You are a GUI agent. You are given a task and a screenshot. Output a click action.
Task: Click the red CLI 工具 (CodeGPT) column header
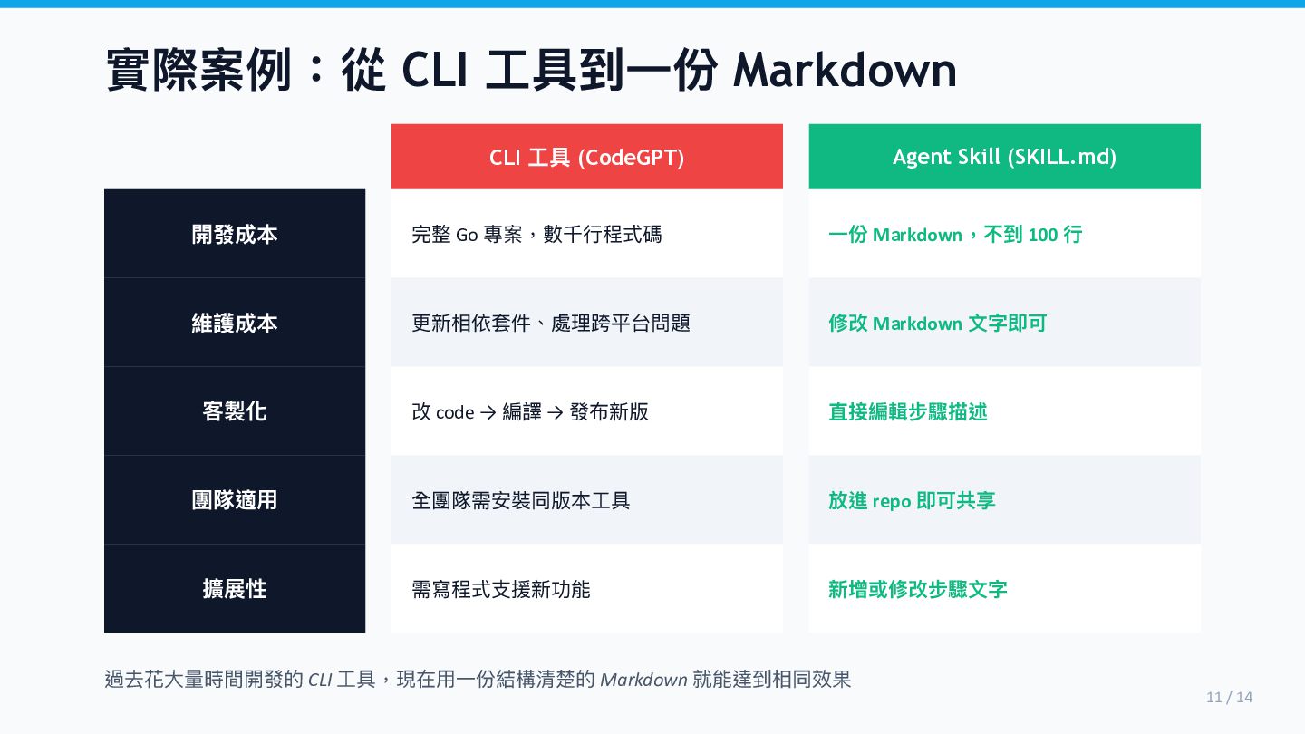[586, 157]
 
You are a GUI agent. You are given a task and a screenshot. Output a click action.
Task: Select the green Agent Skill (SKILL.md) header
[1004, 157]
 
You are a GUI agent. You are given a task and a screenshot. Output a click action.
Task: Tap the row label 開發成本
[235, 235]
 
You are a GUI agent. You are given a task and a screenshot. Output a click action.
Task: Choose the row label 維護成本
[235, 324]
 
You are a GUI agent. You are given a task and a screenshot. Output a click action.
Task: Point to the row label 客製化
[235, 411]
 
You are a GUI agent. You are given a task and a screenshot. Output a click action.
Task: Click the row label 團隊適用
[235, 500]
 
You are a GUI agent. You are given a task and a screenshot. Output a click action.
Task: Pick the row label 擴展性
[235, 589]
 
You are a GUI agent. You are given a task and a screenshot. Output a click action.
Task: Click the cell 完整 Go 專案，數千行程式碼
[536, 235]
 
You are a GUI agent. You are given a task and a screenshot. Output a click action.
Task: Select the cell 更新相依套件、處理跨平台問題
[551, 324]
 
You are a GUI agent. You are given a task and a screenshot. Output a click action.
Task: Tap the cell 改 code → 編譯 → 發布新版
[530, 412]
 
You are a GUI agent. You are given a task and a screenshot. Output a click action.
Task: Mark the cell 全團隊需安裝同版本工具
[521, 500]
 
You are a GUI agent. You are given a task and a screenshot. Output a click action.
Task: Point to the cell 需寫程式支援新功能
[501, 589]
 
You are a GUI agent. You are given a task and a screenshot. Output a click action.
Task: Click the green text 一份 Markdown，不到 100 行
[955, 235]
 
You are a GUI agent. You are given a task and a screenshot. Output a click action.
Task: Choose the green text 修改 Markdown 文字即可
[937, 324]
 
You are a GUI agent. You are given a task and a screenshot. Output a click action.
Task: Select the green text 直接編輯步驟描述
[908, 412]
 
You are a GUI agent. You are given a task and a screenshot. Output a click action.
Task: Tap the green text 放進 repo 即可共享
[912, 500]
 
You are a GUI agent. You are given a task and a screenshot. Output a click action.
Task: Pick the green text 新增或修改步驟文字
[918, 589]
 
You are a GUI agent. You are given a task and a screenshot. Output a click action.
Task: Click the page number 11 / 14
[1229, 697]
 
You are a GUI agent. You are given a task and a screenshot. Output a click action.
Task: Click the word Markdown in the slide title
[845, 71]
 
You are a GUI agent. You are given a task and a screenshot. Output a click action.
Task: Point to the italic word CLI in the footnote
[320, 680]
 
